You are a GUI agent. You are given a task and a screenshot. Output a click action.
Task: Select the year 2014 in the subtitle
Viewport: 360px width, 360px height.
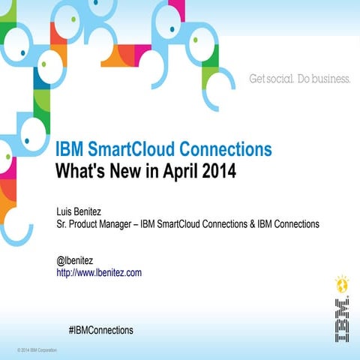click(x=217, y=170)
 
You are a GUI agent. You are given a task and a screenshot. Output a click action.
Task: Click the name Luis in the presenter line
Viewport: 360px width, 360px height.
click(x=65, y=211)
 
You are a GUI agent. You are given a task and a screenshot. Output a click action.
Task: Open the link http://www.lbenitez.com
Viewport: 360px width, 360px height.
click(x=99, y=273)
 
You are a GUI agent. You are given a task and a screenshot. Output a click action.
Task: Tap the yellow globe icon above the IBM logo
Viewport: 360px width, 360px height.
click(x=340, y=285)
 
